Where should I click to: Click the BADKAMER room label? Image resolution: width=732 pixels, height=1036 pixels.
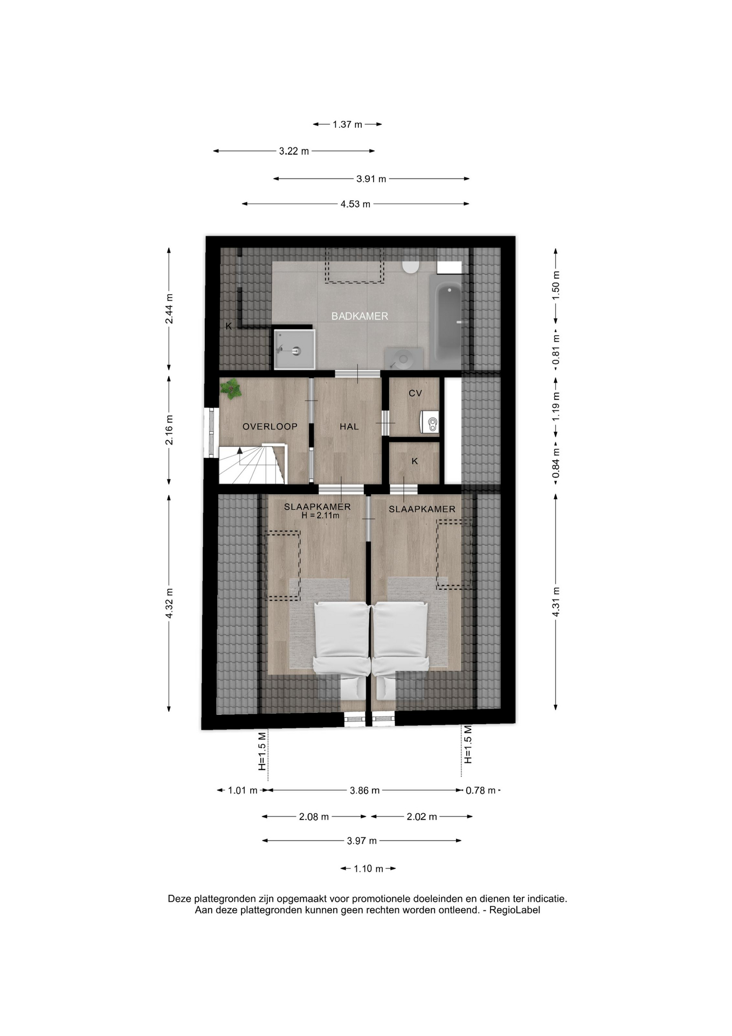coord(360,316)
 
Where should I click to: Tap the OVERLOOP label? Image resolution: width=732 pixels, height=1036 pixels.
coord(270,427)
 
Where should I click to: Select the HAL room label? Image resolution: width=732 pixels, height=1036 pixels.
coord(349,427)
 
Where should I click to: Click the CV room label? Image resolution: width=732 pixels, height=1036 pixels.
coord(415,393)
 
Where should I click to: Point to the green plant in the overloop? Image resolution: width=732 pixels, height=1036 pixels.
coord(232,388)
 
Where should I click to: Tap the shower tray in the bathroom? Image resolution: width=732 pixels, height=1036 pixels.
coord(294,350)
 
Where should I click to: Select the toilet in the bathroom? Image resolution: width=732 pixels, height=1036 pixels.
coord(411,266)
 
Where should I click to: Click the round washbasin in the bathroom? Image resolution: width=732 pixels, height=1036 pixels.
coord(403,358)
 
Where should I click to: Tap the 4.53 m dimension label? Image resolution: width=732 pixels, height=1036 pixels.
coord(356,204)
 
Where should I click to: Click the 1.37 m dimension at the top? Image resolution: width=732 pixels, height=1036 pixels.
coord(348,124)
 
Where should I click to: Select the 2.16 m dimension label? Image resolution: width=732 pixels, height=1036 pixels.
coord(169,430)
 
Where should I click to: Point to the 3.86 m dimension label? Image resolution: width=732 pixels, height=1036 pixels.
coord(365,790)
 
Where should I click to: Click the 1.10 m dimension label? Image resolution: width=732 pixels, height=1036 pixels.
coord(369,869)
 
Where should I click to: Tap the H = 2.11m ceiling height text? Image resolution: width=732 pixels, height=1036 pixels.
coord(321,515)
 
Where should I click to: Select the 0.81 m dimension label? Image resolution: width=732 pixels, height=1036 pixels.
coord(556,349)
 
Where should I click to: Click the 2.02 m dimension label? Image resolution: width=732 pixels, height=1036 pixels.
coord(422,817)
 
